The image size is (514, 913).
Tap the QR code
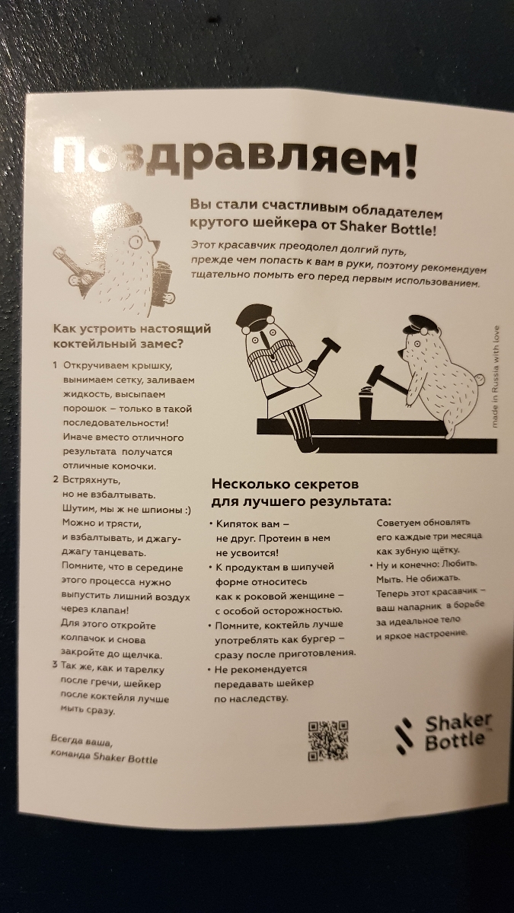click(x=328, y=740)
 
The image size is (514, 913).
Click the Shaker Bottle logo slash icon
click(x=404, y=735)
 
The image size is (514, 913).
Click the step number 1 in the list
click(x=55, y=364)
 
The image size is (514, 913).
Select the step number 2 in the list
click(x=56, y=479)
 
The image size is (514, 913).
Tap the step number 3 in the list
click(x=55, y=665)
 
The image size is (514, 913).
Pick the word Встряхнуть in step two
click(x=91, y=480)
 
